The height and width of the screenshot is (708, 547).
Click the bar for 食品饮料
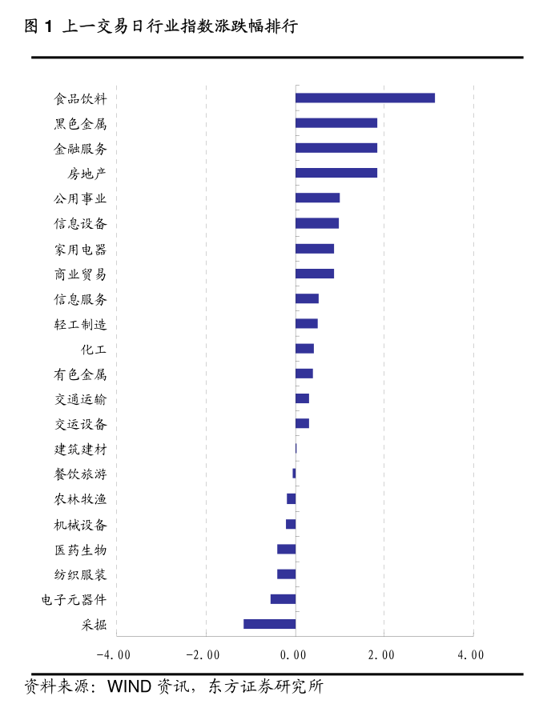click(x=364, y=98)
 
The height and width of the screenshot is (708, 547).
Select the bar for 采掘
click(x=269, y=624)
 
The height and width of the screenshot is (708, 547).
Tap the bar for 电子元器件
click(x=283, y=599)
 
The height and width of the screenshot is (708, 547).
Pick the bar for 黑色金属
click(x=336, y=123)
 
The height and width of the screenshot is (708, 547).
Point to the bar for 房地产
click(x=336, y=173)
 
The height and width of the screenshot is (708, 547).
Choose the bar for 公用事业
click(x=317, y=198)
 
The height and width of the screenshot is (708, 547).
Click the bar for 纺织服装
click(x=286, y=574)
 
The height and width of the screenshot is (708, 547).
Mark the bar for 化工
click(x=304, y=349)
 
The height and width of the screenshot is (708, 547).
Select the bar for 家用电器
click(x=314, y=249)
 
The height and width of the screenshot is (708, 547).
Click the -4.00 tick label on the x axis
click(x=113, y=655)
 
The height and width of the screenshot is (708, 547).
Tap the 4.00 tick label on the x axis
click(x=471, y=655)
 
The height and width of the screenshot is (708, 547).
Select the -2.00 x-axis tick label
click(x=203, y=655)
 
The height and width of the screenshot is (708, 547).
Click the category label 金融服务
click(x=80, y=149)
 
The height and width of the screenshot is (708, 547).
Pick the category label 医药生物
click(x=80, y=550)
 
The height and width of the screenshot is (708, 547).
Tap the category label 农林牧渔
click(x=80, y=499)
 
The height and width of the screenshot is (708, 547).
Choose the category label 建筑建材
click(x=80, y=449)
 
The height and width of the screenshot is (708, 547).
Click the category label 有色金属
click(x=80, y=374)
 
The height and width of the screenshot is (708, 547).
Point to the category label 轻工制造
click(x=80, y=324)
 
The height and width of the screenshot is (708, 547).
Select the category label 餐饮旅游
click(x=80, y=474)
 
